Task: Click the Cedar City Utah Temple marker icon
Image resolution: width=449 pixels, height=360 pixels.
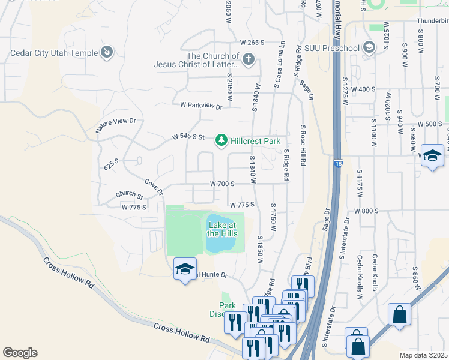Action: pyautogui.click(x=107, y=53)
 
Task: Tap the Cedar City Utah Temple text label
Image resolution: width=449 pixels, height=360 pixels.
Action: pyautogui.click(x=54, y=53)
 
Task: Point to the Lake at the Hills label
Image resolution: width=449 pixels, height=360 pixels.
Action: pyautogui.click(x=222, y=229)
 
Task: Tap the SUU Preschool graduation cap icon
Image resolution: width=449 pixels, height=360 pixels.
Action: pyautogui.click(x=369, y=48)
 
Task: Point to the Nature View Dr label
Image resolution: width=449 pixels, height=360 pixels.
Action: pyautogui.click(x=116, y=125)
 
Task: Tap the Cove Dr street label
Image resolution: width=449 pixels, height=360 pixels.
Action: pyautogui.click(x=154, y=187)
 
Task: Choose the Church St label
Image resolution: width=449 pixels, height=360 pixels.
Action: pyautogui.click(x=130, y=196)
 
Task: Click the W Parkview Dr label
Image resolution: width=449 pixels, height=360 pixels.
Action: pyautogui.click(x=201, y=106)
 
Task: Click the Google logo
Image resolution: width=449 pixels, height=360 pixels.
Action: pyautogui.click(x=20, y=353)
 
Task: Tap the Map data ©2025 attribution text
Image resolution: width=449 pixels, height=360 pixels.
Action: pyautogui.click(x=423, y=355)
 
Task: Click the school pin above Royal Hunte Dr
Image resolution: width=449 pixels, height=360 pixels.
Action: pyautogui.click(x=185, y=269)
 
